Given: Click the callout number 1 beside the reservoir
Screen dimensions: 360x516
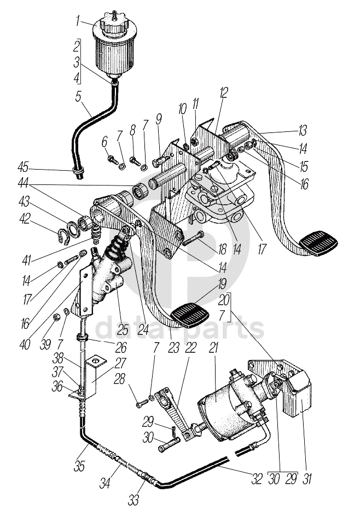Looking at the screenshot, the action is coord(78,22).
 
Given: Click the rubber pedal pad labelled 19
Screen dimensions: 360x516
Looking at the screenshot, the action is coord(189,315).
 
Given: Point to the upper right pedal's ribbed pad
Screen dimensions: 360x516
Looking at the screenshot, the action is coord(318,243).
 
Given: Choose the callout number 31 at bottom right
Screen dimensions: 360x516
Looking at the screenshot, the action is coord(307,478).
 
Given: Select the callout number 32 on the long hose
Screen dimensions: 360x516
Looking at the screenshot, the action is coord(257,479).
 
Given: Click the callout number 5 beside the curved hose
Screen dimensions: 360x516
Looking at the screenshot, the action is coord(78,97).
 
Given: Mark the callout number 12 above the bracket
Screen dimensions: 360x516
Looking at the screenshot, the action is coord(223,93).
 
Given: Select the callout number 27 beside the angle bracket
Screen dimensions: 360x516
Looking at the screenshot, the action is coord(120,363).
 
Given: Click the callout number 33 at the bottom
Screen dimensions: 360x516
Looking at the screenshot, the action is coord(133,500).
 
